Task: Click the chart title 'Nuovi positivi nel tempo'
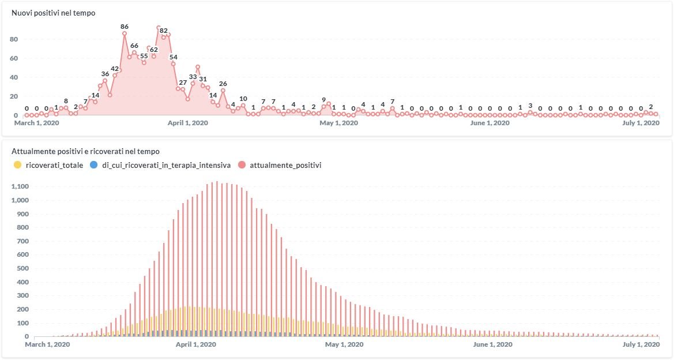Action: [x=54, y=13]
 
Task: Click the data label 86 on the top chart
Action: [x=125, y=27]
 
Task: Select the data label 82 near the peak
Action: [x=163, y=31]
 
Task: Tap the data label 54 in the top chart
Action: [x=173, y=57]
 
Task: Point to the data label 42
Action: [x=115, y=69]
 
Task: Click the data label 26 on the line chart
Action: [x=223, y=84]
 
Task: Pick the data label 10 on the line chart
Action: [x=243, y=99]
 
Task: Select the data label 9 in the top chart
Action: [x=323, y=99]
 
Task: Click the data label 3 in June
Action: [x=530, y=106]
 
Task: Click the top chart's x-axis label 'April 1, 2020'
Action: [x=188, y=123]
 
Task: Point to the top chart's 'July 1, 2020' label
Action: [x=641, y=123]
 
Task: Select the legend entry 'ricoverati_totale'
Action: [x=54, y=165]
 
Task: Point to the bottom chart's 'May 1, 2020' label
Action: [x=344, y=344]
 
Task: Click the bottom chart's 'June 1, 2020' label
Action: [x=492, y=344]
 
